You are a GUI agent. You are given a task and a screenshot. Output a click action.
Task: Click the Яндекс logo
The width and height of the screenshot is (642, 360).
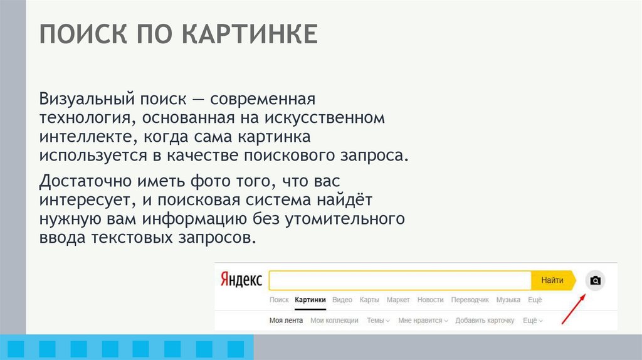[x=241, y=280]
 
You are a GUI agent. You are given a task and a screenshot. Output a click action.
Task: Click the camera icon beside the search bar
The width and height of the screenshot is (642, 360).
[x=596, y=280]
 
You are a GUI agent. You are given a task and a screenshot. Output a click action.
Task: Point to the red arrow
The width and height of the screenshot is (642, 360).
[x=573, y=309]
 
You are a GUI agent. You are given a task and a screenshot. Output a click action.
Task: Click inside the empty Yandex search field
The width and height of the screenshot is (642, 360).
[x=400, y=280]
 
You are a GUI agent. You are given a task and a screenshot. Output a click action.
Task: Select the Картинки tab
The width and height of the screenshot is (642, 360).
[x=310, y=300]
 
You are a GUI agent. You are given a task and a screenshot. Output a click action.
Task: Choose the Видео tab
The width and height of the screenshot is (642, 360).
[x=342, y=300]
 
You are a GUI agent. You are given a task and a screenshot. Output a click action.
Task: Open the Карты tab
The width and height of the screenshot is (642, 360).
[x=369, y=300]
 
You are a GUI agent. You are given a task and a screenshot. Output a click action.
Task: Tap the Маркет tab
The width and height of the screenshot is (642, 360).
[x=398, y=300]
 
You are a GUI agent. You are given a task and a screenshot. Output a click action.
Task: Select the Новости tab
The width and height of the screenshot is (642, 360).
[x=430, y=300]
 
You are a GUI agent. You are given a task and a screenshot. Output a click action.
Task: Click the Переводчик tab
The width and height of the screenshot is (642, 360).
[x=470, y=300]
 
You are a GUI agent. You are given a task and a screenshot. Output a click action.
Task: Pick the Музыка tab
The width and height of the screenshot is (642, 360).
[x=508, y=300]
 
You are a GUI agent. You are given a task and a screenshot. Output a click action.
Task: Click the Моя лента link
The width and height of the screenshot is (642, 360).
[x=286, y=320]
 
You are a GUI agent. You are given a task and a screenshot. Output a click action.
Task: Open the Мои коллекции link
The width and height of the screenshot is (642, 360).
[x=334, y=320]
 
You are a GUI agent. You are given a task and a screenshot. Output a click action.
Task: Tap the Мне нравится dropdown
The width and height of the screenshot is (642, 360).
[x=423, y=320]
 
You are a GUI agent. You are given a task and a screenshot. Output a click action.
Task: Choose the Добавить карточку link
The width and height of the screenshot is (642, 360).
[x=485, y=320]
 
